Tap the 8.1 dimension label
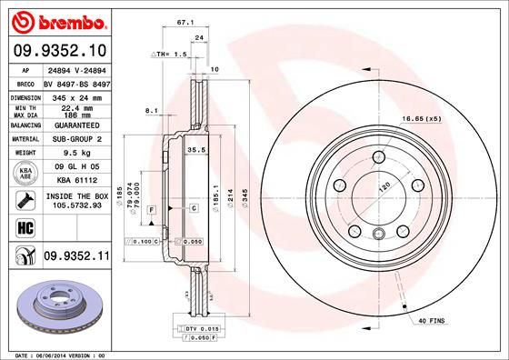[151, 111]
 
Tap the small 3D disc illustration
[56, 305]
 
